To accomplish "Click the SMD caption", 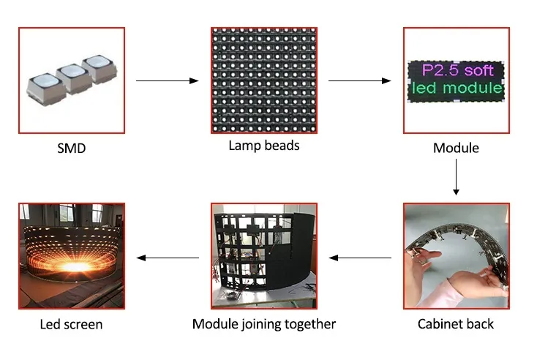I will click(71, 149).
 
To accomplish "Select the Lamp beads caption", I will click(264, 146).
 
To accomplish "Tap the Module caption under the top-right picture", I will click(456, 149).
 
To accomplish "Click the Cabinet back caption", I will click(456, 323).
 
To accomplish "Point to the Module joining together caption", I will click(264, 323).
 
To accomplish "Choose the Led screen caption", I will click(70, 323).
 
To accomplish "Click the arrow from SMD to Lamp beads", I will click(168, 80).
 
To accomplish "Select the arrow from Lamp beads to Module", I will click(359, 80).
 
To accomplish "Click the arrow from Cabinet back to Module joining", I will click(359, 258).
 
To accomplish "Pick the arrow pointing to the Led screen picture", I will click(168, 258).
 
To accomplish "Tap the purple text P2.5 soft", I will click(455, 71).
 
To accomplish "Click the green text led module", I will click(456, 89).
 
